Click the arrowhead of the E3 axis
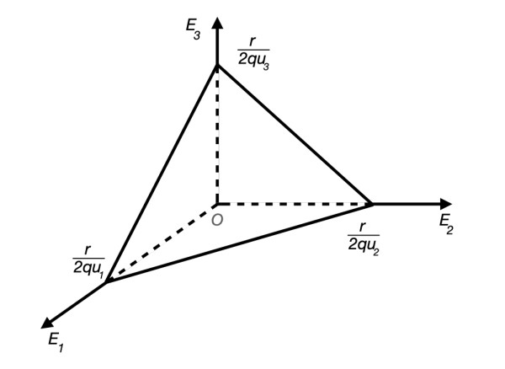(217, 23)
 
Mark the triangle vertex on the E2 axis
(373, 203)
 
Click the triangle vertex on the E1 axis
(107, 281)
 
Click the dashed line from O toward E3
(217, 135)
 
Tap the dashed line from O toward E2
(295, 203)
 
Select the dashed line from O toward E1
(162, 243)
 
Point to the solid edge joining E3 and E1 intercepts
(162, 173)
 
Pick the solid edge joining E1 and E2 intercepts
(240, 242)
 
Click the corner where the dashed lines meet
(217, 203)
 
